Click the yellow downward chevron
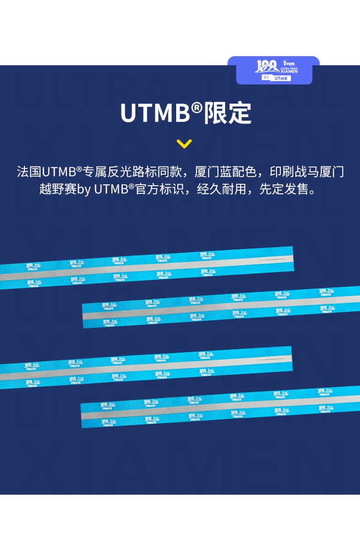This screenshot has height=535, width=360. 184,143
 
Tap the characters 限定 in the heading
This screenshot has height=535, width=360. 228,113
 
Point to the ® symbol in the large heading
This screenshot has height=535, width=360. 197,108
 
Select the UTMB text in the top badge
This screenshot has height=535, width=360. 281,78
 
